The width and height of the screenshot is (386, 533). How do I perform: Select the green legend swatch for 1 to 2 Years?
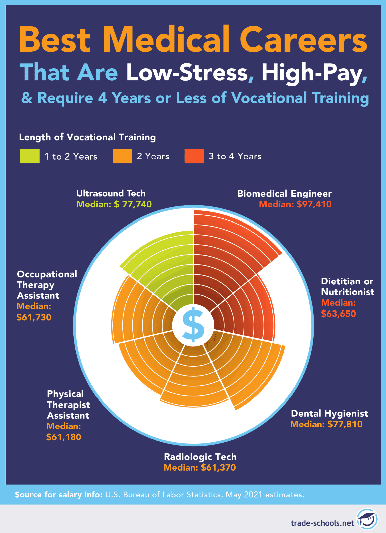click(x=30, y=156)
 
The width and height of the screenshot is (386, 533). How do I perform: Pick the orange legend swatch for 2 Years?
click(x=122, y=156)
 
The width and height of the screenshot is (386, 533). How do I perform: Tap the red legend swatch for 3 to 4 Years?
click(x=194, y=156)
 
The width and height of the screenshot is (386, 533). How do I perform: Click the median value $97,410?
click(x=314, y=204)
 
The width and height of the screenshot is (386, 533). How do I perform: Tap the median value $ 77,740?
click(x=133, y=204)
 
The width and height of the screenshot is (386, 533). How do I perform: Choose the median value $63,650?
click(x=338, y=314)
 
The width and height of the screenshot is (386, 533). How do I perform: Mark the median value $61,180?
click(x=64, y=437)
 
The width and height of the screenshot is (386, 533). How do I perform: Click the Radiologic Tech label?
click(x=200, y=457)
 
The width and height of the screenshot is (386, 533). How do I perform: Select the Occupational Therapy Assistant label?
click(x=47, y=285)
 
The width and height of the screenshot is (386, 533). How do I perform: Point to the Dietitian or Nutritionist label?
click(x=347, y=287)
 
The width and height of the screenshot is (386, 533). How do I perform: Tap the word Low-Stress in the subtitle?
click(x=187, y=72)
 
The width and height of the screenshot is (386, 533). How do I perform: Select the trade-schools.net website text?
click(x=322, y=523)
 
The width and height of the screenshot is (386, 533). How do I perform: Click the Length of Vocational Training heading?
click(x=87, y=137)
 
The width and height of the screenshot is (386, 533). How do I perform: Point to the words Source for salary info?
click(x=58, y=495)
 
